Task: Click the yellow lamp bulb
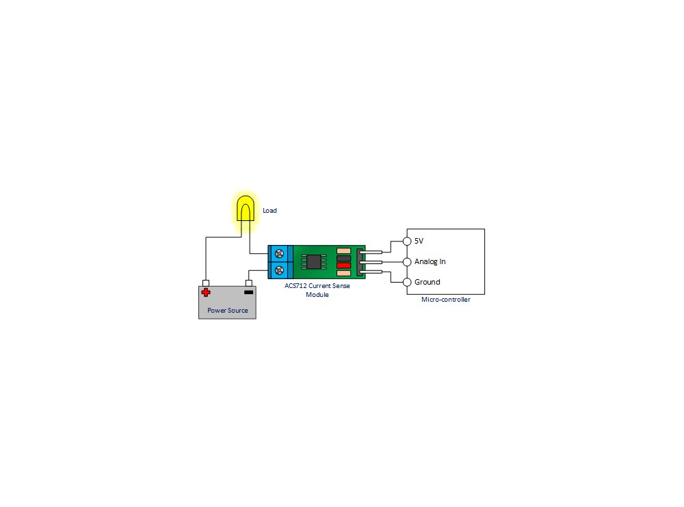click(246, 209)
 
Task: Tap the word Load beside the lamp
click(269, 211)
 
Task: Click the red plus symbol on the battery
click(206, 292)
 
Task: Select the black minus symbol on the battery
click(249, 292)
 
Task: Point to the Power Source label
click(228, 310)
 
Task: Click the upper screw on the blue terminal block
click(279, 254)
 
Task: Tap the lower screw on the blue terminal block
click(279, 270)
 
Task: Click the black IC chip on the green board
click(314, 262)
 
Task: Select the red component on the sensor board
click(344, 265)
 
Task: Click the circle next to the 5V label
click(407, 242)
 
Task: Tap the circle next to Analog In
click(407, 262)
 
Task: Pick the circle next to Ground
click(407, 283)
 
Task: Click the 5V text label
click(419, 241)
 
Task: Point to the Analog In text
click(430, 261)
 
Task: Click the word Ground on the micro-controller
click(428, 282)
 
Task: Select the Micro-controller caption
click(446, 299)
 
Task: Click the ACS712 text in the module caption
click(295, 286)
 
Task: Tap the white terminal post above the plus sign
click(206, 283)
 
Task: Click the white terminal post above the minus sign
click(249, 283)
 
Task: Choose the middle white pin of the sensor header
click(371, 262)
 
